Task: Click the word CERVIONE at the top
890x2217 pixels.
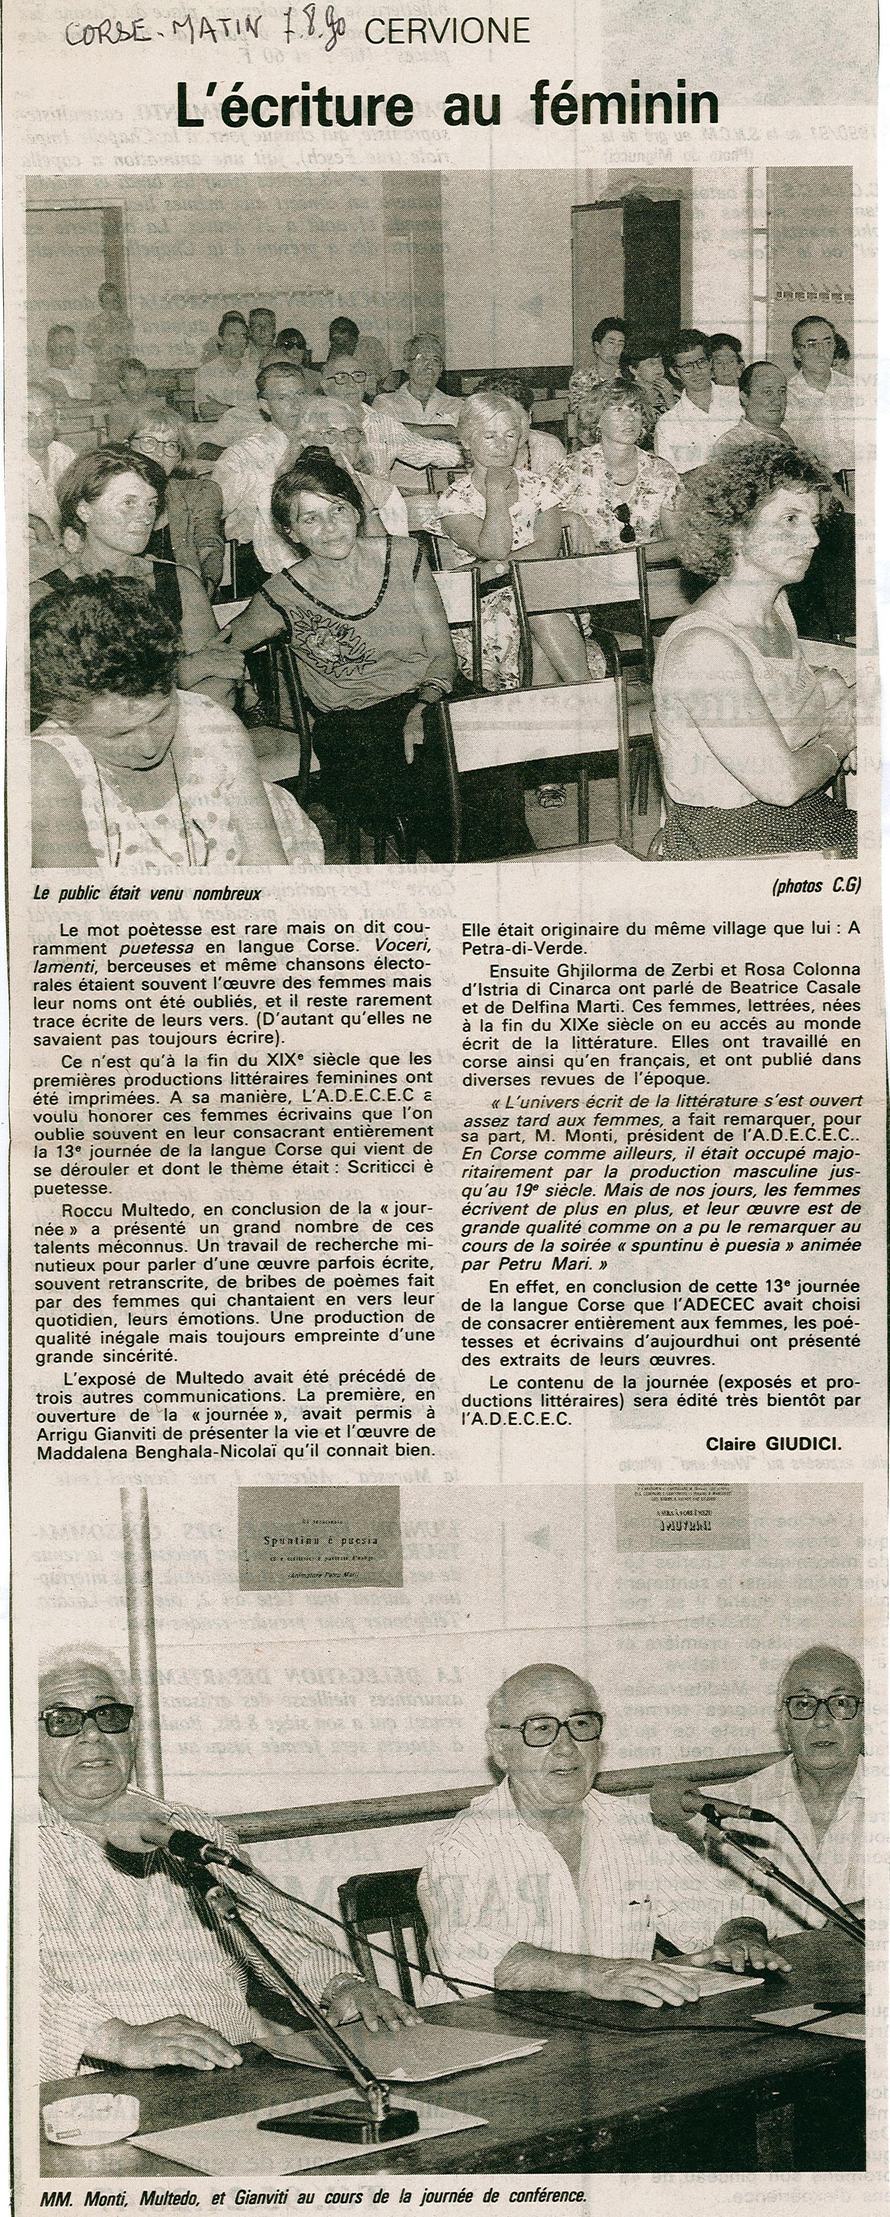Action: tap(447, 32)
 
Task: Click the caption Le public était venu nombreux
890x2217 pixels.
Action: tap(146, 893)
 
